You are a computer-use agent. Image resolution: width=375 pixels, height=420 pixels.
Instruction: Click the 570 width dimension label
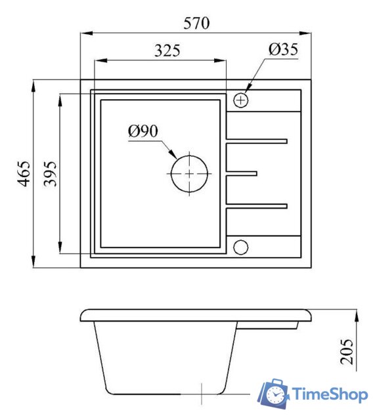pos(196,23)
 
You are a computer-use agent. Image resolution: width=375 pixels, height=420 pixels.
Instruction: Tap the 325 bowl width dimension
pos(167,50)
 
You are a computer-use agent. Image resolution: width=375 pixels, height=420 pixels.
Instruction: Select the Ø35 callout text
pos(283,49)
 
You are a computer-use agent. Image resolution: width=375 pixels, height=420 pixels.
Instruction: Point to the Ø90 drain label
pos(143,131)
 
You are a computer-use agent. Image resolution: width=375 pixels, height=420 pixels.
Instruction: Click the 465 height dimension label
pos(24,173)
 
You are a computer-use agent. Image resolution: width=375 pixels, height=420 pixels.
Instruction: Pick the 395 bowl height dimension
pos(51,173)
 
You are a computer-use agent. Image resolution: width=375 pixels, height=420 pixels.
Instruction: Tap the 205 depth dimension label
pos(347,352)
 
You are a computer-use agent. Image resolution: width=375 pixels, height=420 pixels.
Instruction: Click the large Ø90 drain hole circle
pos(171,173)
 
